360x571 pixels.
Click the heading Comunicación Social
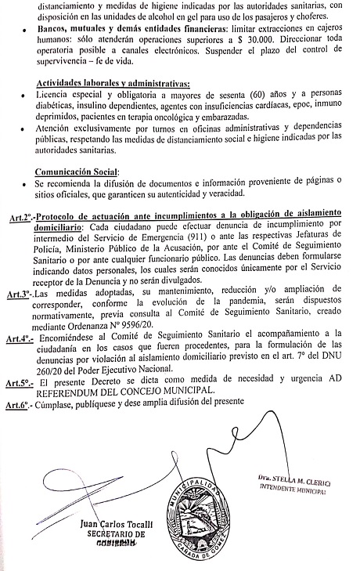point(77,172)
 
